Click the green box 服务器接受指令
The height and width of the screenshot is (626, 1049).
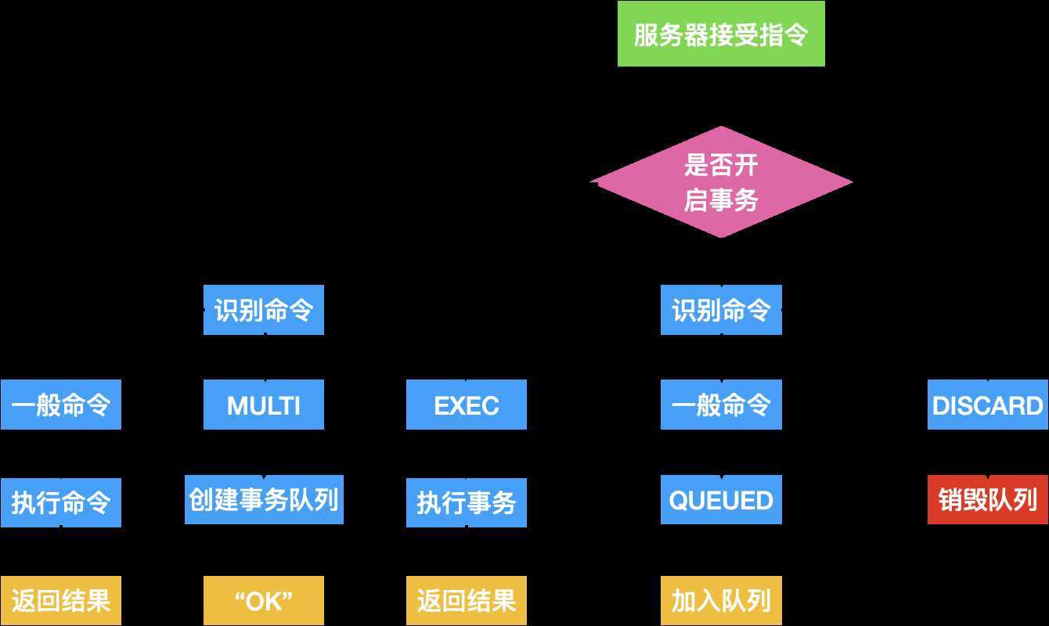pyautogui.click(x=720, y=34)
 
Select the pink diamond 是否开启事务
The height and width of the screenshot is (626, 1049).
pyautogui.click(x=720, y=182)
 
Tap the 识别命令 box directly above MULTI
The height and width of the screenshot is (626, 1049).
pyautogui.click(x=263, y=311)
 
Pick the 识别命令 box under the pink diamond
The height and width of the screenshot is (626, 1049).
pyautogui.click(x=720, y=311)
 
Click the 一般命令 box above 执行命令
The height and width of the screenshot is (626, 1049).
pyautogui.click(x=61, y=405)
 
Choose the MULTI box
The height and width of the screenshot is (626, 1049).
pyautogui.click(x=263, y=405)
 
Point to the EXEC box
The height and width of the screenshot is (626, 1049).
pyautogui.click(x=466, y=405)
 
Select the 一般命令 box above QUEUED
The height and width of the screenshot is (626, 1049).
pyautogui.click(x=720, y=405)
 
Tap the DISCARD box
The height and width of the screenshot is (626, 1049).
pyautogui.click(x=987, y=405)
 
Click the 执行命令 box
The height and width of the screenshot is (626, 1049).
pyautogui.click(x=61, y=502)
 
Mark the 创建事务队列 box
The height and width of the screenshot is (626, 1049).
pyautogui.click(x=263, y=499)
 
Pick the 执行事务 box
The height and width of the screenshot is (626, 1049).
pyautogui.click(x=466, y=502)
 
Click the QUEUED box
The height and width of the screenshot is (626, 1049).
pyautogui.click(x=720, y=499)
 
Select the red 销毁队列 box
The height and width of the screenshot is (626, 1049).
pyautogui.click(x=987, y=499)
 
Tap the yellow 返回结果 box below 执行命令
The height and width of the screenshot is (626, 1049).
pyautogui.click(x=61, y=600)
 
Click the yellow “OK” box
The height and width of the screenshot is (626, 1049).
pyautogui.click(x=263, y=600)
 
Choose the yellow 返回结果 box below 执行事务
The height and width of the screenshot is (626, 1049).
pyautogui.click(x=466, y=600)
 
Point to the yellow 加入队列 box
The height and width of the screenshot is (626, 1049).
pyautogui.click(x=720, y=600)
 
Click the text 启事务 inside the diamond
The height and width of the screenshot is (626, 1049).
pyautogui.click(x=721, y=201)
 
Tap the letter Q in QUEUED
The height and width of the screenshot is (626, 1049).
pyautogui.click(x=678, y=500)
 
